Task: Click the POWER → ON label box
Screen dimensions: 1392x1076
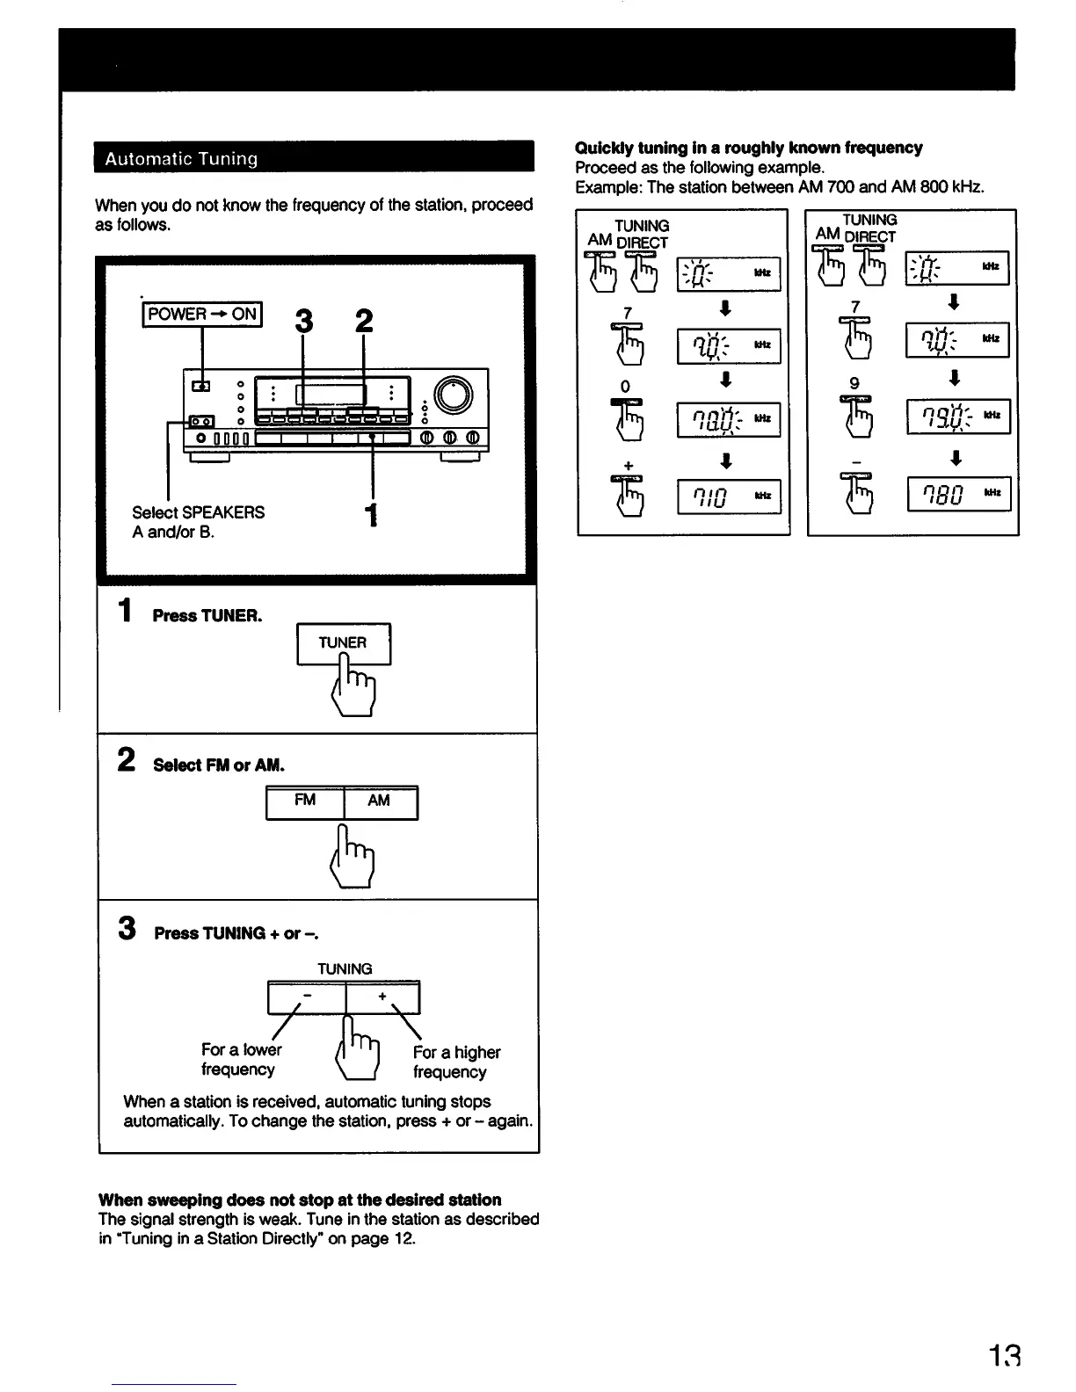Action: pyautogui.click(x=202, y=314)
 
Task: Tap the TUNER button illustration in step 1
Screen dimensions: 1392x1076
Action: pyautogui.click(x=343, y=642)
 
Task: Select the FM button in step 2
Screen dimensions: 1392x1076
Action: pyautogui.click(x=305, y=801)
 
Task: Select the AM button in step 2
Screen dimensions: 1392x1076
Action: pyautogui.click(x=379, y=801)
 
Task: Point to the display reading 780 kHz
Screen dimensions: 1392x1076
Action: pyautogui.click(x=958, y=494)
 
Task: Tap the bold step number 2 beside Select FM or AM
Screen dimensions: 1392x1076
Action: pyautogui.click(x=127, y=759)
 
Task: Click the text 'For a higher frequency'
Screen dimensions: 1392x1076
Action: pyautogui.click(x=456, y=1062)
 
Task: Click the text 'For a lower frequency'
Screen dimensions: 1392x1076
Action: pyautogui.click(x=241, y=1059)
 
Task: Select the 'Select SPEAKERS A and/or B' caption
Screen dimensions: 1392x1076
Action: pyautogui.click(x=198, y=522)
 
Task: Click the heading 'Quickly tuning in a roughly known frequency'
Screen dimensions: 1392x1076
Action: pyautogui.click(x=748, y=148)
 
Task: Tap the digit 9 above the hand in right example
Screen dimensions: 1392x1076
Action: pyautogui.click(x=854, y=383)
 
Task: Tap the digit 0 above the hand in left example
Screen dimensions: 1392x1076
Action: pyautogui.click(x=625, y=387)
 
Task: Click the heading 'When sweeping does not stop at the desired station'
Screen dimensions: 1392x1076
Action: pyautogui.click(x=300, y=1200)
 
